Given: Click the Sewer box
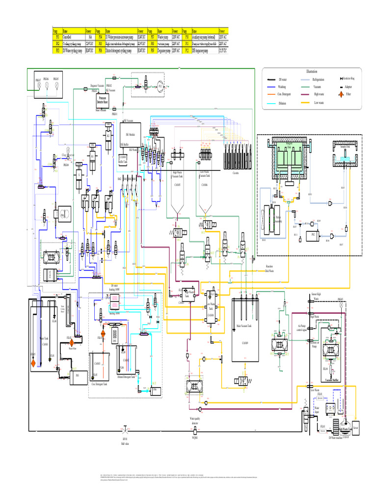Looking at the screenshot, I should pos(356,427).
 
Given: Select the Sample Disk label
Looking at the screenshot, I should pos(345,146).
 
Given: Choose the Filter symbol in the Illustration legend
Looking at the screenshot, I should pos(342,94).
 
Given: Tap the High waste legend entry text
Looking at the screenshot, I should pos(319,94).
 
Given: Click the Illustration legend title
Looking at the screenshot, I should pos(312,71).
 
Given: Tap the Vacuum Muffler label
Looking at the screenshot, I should pos(332,379).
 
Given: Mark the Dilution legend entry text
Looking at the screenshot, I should pos(281,103).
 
